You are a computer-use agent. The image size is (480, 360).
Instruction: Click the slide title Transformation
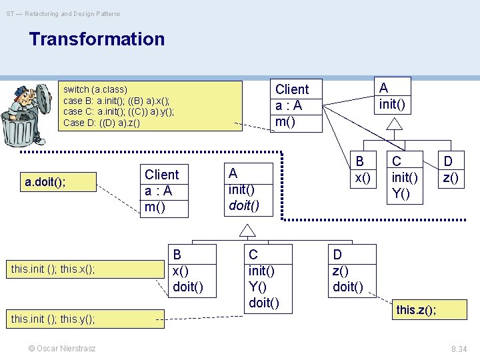(x=97, y=39)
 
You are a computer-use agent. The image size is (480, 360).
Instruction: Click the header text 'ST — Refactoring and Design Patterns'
(x=64, y=13)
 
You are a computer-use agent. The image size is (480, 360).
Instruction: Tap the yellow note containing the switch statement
(x=150, y=106)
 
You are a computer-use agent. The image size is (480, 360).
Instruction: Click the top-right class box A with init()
(x=392, y=97)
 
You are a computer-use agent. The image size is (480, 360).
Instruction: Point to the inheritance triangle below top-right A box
(x=395, y=125)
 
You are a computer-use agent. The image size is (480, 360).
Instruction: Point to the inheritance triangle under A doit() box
(x=248, y=231)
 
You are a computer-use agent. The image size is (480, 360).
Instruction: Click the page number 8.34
(x=459, y=349)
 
